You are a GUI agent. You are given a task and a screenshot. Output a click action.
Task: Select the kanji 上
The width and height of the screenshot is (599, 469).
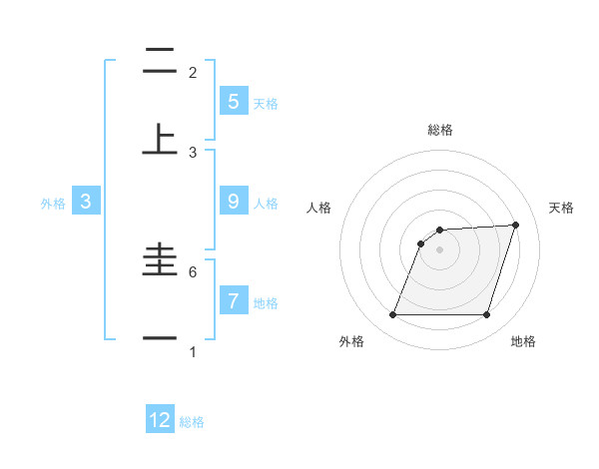160,139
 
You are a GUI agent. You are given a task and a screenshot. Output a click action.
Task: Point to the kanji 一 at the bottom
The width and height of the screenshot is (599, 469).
160,338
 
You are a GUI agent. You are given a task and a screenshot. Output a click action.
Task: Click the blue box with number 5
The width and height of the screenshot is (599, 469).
233,101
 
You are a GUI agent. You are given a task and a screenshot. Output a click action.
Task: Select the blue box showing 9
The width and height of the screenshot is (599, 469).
233,201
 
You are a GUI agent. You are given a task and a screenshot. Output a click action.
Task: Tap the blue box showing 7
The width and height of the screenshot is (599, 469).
233,300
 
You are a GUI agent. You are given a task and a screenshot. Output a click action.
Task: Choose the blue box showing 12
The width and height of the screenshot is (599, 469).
160,420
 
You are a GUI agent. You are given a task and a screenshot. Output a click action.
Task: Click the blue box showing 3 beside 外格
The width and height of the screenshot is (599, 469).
86,201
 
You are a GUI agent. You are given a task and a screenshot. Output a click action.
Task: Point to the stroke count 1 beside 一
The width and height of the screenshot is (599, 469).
193,351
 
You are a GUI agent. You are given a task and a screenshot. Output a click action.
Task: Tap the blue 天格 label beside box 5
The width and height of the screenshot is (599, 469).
266,103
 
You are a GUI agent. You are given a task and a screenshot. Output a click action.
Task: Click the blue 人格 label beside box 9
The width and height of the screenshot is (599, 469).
266,203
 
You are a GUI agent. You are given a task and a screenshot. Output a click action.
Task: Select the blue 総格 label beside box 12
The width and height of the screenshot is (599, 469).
192,422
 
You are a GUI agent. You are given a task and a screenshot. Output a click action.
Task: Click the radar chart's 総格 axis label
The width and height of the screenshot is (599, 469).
439,130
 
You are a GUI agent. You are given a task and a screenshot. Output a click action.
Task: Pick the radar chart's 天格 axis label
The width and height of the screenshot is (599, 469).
561,208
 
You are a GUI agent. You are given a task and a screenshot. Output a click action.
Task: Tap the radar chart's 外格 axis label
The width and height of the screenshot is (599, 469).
351,342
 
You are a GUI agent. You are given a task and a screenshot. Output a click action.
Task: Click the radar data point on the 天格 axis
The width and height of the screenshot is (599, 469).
516,225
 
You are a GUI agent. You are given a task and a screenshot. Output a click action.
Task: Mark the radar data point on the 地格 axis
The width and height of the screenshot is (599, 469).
486,315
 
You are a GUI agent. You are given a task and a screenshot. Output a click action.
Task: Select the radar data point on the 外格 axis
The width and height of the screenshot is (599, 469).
392,315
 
